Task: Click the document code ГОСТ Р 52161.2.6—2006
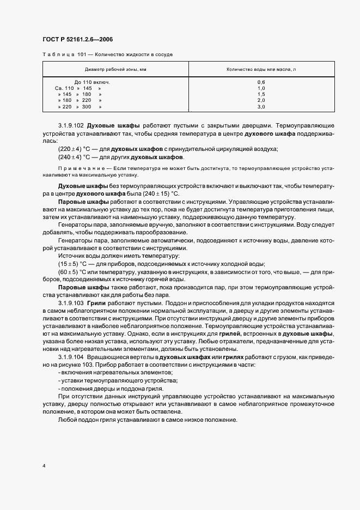pyautogui.click(x=77, y=39)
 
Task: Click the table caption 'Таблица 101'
pyautogui.click(x=59, y=54)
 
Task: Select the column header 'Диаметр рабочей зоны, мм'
pyautogui.click(x=115, y=70)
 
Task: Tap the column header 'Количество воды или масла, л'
pyautogui.click(x=261, y=70)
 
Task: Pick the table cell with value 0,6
pyautogui.click(x=261, y=82)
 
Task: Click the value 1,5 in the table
pyautogui.click(x=261, y=94)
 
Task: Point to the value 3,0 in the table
pyautogui.click(x=261, y=107)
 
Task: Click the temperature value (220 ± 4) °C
pyautogui.click(x=73, y=149)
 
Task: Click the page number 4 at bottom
pyautogui.click(x=43, y=466)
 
